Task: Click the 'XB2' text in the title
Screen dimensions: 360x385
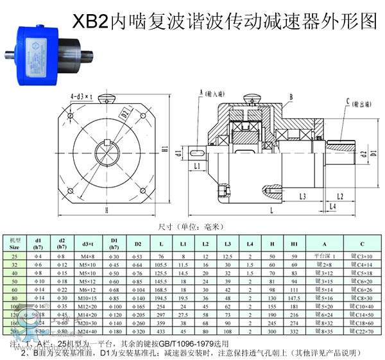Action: click(89, 22)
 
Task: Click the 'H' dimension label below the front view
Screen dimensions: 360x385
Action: click(105, 210)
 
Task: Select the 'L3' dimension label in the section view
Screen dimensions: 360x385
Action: click(302, 195)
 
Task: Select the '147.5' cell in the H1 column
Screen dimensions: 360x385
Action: click(295, 298)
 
